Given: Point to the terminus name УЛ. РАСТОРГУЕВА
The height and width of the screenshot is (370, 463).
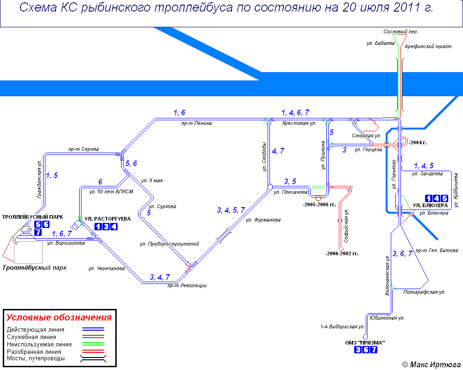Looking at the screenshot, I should [x=107, y=218].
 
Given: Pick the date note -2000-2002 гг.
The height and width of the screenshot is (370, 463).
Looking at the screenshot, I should [x=342, y=253].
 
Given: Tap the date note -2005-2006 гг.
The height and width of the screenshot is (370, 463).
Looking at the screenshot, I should [x=319, y=204].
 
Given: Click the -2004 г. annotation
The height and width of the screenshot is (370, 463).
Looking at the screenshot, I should [x=418, y=142].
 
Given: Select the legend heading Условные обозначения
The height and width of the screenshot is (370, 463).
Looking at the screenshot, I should [x=59, y=318].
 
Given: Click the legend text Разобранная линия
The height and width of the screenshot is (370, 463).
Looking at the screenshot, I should [x=34, y=352].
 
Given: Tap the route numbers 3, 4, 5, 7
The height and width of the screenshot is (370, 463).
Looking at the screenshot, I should [x=231, y=210].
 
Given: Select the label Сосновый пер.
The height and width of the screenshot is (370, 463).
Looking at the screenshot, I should [x=400, y=31].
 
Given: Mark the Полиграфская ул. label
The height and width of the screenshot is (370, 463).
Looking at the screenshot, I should [x=424, y=292].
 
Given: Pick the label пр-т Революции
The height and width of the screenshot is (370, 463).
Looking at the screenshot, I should [x=187, y=285].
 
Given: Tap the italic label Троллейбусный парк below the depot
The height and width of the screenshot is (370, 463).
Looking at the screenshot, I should [x=34, y=267].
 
